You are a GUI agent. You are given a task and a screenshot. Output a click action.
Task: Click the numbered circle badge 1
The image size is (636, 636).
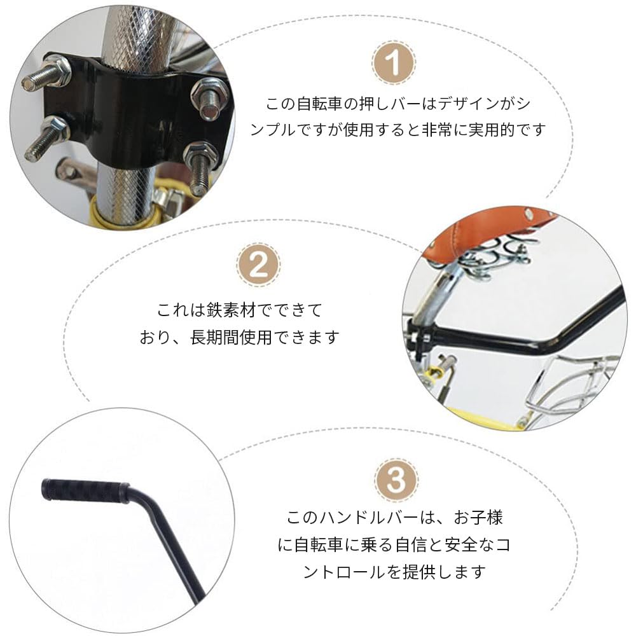tap(393, 63)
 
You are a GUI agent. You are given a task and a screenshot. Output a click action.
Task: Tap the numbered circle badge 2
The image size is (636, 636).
tap(258, 265)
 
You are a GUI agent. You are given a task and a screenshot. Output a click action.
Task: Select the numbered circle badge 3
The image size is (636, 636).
tap(396, 480)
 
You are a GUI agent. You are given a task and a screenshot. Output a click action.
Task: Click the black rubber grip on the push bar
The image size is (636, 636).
tap(85, 491)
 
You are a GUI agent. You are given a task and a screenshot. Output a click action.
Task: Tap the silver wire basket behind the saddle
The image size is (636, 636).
tap(571, 389)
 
